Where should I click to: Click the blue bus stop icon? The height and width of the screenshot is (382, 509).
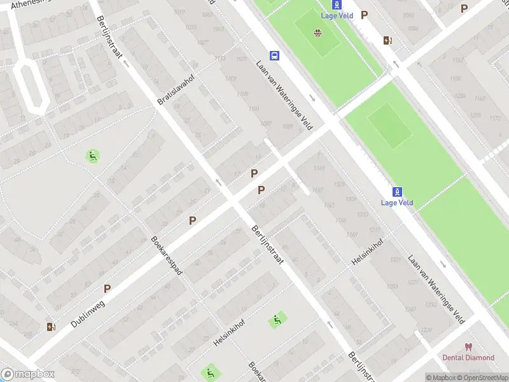274,55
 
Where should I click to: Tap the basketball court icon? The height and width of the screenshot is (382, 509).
317,33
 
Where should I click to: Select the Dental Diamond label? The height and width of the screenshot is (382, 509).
468,358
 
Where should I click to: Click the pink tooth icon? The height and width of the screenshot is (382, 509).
469,347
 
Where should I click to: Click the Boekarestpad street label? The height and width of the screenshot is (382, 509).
167,255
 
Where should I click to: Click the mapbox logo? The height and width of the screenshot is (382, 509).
27,374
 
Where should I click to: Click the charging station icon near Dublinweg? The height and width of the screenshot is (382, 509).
51,327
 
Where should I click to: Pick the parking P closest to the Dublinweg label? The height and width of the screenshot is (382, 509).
107,288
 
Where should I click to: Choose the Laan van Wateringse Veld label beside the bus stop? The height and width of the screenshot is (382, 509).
285,94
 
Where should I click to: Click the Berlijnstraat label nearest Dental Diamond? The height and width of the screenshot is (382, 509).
358,365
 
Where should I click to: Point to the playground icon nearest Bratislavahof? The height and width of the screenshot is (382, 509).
93,155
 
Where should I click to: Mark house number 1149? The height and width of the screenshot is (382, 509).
319,168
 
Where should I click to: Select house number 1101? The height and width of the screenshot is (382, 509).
254,109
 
